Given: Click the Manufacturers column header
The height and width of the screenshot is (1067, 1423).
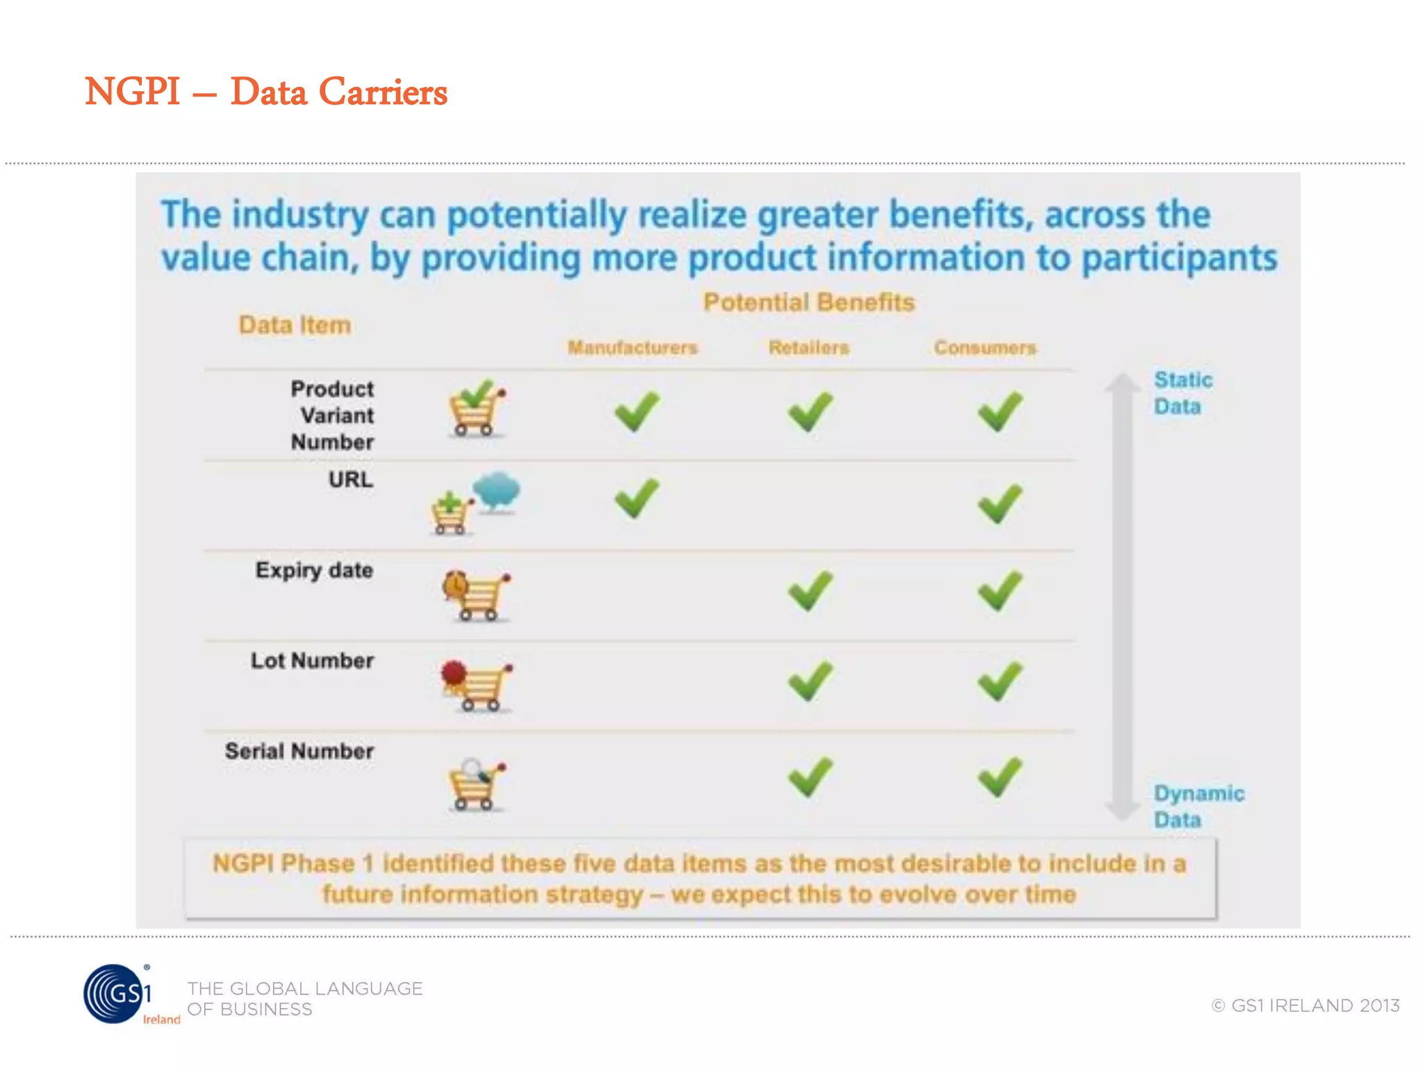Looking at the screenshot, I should [x=632, y=347].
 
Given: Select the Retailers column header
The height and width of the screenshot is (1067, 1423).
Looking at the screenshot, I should [x=809, y=347].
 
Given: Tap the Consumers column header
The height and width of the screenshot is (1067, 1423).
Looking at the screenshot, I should [x=985, y=347].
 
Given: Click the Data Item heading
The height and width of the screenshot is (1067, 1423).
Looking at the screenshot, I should [x=295, y=325].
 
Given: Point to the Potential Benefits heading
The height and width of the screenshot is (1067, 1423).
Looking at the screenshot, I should [x=809, y=302].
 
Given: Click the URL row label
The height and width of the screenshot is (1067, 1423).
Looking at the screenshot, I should [x=351, y=479].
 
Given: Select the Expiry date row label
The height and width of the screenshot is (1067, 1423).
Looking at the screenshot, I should [x=314, y=570].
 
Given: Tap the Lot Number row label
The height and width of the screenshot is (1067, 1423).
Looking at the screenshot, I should [x=312, y=661].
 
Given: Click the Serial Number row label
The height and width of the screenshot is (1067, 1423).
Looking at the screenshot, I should [x=299, y=751].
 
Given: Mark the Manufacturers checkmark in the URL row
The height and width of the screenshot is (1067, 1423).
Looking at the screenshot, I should [x=636, y=498].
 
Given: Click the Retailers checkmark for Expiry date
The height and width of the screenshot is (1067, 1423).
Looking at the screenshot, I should [x=810, y=590].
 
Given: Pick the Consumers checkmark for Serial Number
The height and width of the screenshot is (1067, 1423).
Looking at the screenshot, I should [x=1000, y=777].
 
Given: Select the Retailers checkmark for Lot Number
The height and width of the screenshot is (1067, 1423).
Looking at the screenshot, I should [x=810, y=681].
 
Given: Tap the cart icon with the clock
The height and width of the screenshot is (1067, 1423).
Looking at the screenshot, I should [x=477, y=595].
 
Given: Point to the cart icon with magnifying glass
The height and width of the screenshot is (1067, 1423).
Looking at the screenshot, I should [x=477, y=785].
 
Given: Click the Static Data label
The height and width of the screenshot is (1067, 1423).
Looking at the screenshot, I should [x=1182, y=393].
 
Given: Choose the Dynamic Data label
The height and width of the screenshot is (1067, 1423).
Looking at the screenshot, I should [x=1198, y=807].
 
